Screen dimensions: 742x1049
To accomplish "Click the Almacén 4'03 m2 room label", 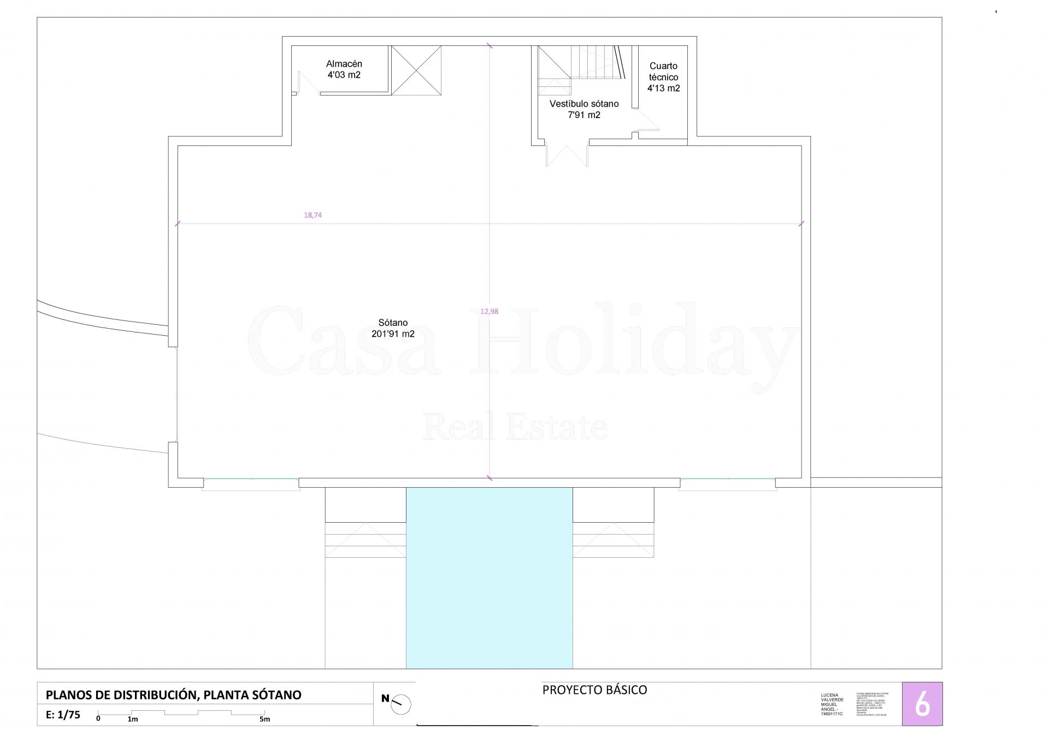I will tap(344, 69).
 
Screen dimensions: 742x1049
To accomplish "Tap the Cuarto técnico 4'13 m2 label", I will tap(663, 77).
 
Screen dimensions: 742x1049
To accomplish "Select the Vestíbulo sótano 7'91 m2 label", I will tap(584, 109).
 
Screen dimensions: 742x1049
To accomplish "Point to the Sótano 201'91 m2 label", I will tap(393, 328).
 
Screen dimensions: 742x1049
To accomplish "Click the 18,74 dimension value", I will tap(313, 215).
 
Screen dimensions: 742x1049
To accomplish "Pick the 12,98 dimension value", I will tap(489, 311).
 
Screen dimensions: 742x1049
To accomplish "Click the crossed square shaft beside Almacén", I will tap(416, 71).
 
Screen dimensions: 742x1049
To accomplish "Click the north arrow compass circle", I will tap(401, 704).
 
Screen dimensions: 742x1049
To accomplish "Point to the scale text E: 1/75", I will tap(63, 715).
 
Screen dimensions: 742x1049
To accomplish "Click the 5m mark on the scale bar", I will tap(264, 719).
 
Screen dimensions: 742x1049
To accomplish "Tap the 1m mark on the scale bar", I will tap(132, 719).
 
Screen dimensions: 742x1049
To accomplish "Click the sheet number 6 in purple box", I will tap(922, 704).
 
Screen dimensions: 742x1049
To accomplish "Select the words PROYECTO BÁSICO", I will tap(594, 690).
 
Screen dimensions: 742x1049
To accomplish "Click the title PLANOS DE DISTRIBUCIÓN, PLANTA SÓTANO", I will tap(173, 695).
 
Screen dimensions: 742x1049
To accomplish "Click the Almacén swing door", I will tap(308, 83).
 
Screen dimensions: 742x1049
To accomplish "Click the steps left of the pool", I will tap(366, 540).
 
